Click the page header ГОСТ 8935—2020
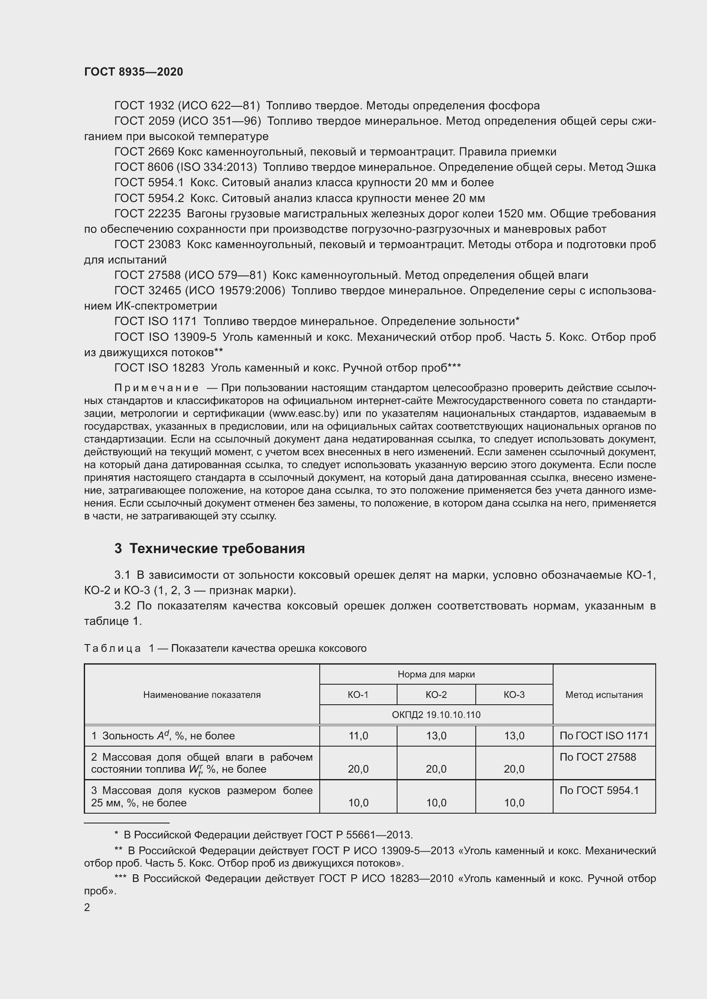click(133, 72)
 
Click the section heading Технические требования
click(216, 549)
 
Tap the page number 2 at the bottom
click(87, 907)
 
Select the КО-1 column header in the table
click(358, 695)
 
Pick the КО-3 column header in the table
click(514, 695)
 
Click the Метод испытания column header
click(604, 695)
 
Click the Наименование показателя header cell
click(202, 695)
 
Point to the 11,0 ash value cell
click(358, 736)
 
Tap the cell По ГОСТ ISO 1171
click(604, 736)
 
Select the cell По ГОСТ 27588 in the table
click(597, 757)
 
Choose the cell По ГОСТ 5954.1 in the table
click(599, 791)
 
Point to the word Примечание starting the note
click(156, 388)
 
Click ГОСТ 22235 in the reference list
click(147, 214)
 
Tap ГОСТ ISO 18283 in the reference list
click(159, 368)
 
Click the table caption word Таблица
click(112, 648)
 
